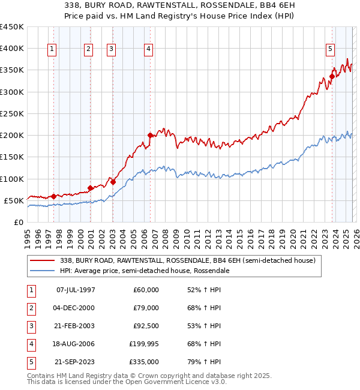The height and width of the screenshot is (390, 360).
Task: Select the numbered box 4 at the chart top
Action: tap(148, 49)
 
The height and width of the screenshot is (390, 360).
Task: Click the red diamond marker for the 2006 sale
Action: tap(151, 136)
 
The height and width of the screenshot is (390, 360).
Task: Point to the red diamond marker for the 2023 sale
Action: tap(332, 77)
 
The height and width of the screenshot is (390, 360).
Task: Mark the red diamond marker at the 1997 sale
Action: tap(53, 196)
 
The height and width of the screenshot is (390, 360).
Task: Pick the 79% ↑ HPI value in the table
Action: tap(204, 362)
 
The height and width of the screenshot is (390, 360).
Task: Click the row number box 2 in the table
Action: tap(31, 308)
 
